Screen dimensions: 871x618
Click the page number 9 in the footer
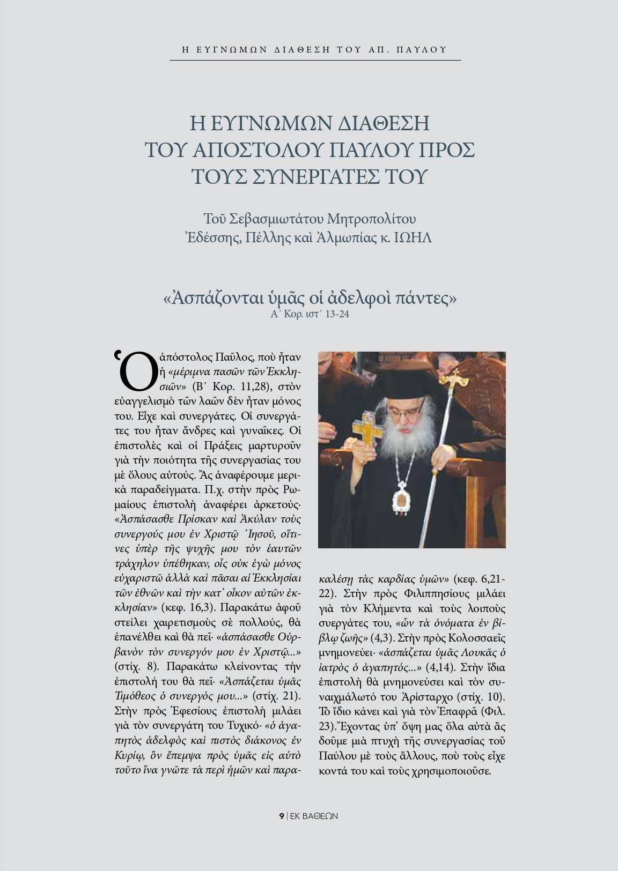281,816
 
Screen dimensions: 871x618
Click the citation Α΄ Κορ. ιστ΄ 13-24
310,314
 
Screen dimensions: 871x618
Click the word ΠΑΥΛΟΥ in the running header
421,50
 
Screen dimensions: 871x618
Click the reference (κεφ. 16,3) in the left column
187,608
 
